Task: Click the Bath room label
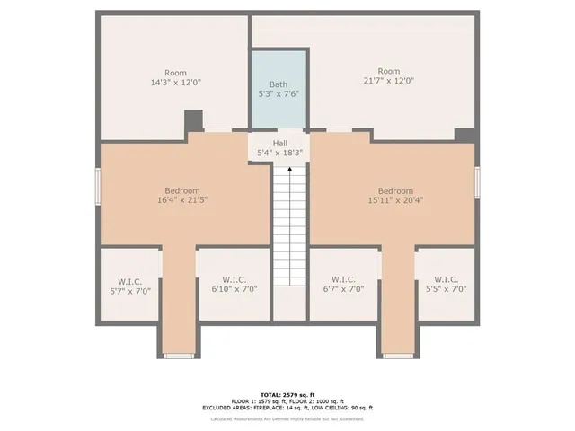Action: pos(279,84)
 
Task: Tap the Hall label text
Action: pos(280,143)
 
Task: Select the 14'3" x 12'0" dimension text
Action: pos(176,82)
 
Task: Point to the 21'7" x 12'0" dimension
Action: pos(388,81)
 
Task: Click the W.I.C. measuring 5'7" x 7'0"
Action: pos(129,289)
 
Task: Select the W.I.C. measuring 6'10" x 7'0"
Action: pos(234,289)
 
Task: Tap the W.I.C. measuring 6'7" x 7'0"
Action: pos(343,289)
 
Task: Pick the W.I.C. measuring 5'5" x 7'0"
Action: pos(446,289)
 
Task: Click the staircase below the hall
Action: pos(289,224)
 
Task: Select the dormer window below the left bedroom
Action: pos(179,356)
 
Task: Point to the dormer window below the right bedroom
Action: pos(398,356)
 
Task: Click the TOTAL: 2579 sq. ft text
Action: pos(287,394)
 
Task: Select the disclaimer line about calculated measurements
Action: pos(287,418)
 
